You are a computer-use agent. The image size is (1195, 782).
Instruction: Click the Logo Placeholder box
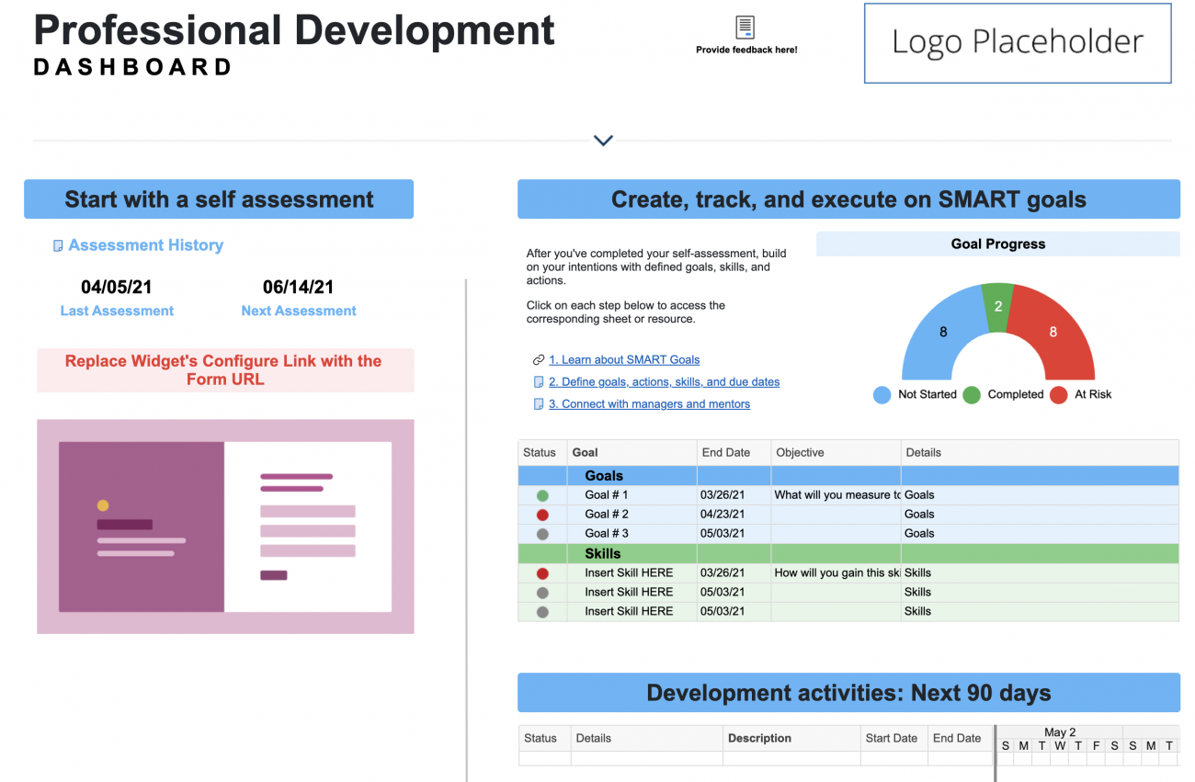click(x=1018, y=42)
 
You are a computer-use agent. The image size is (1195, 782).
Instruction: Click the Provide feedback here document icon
click(x=745, y=28)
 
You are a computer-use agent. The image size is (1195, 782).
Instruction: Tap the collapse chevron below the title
click(x=603, y=141)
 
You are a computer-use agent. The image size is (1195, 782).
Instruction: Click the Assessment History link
click(x=145, y=245)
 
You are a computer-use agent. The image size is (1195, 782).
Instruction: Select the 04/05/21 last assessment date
click(x=117, y=288)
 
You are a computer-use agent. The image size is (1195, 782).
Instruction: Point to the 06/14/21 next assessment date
click(x=299, y=288)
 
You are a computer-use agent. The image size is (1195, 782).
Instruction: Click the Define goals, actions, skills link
click(x=664, y=381)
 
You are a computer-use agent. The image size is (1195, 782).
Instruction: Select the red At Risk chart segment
click(x=1053, y=332)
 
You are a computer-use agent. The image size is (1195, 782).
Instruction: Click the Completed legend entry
click(x=1015, y=394)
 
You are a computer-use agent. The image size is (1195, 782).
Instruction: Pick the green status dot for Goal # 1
click(x=542, y=495)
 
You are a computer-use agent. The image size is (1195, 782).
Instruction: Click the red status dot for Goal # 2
click(x=542, y=515)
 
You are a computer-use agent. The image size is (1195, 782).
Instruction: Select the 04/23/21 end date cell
click(x=723, y=514)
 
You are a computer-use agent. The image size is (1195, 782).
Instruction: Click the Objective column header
click(x=800, y=452)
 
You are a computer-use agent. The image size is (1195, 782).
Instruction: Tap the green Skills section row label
click(x=603, y=553)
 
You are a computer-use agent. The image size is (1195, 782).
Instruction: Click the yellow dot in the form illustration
click(x=103, y=505)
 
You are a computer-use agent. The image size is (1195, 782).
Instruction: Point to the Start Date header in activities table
click(x=891, y=738)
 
